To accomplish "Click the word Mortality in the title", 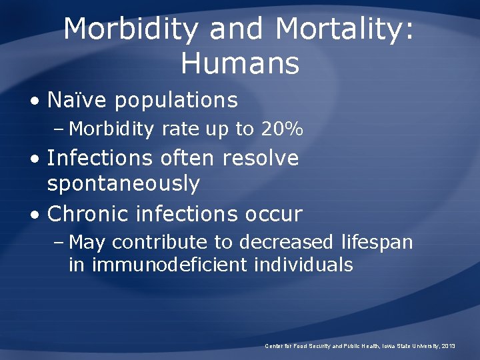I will tap(345, 29).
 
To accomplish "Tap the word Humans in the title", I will tap(240, 64).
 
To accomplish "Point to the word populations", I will tap(177, 101).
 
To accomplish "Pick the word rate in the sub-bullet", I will tap(180, 129).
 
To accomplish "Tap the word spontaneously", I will tap(123, 183).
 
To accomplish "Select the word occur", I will tap(275, 214).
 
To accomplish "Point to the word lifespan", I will tap(377, 242).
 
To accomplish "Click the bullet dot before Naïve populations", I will tap(34, 101).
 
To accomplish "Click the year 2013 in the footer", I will tap(448, 346).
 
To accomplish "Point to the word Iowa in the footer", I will tap(386, 346).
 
